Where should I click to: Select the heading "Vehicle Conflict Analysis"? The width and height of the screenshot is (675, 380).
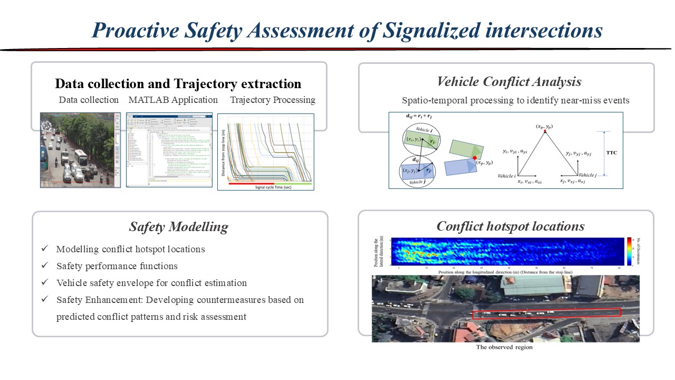(509, 82)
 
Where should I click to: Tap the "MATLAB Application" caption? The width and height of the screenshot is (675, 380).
(173, 100)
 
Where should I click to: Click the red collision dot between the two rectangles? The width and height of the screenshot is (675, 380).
(475, 158)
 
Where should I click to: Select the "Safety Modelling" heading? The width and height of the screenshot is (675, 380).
(179, 227)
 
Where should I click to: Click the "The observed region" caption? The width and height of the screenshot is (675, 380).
(504, 347)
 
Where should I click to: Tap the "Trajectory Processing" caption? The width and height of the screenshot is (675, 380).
(273, 100)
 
